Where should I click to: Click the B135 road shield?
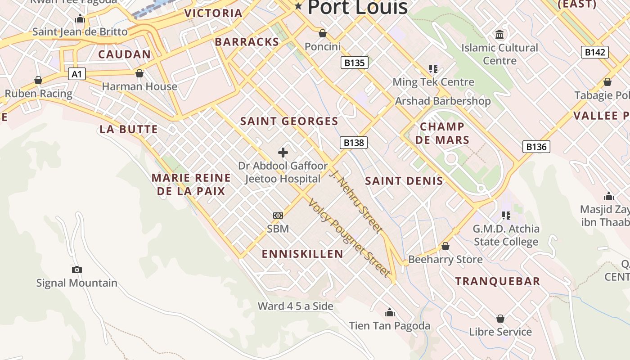354,63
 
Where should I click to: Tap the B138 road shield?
353,143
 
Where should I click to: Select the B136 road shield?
536,146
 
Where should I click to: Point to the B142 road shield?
594,52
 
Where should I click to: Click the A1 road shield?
77,74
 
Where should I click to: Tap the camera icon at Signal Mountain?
77,270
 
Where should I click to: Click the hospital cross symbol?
283,153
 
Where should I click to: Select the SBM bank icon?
278,216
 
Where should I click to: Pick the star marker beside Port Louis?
298,6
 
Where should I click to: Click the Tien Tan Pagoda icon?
390,312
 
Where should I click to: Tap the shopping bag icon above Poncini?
322,33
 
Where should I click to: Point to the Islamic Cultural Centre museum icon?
499,34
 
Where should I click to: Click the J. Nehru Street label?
356,200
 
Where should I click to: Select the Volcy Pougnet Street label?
348,237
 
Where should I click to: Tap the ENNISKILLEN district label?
302,254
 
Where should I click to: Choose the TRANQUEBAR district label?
497,282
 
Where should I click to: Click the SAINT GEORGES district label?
289,121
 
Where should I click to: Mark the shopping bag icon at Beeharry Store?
445,246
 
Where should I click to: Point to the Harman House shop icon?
139,73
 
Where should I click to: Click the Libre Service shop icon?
500,319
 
